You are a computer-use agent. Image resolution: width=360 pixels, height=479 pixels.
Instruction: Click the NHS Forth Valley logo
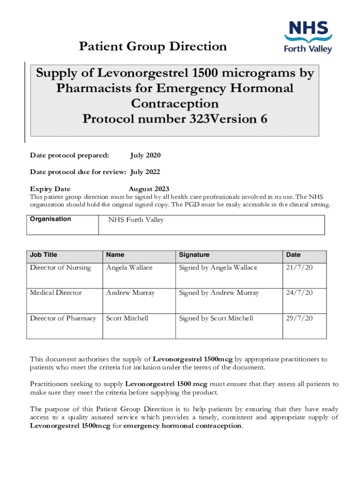(x=308, y=37)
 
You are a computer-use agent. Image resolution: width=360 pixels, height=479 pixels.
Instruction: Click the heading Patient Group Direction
(x=153, y=47)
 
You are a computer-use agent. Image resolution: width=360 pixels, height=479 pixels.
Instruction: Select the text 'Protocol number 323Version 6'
(x=175, y=119)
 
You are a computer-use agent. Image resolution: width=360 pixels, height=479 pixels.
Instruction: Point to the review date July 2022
(x=145, y=172)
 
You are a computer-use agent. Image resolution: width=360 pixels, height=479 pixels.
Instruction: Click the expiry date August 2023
(x=149, y=189)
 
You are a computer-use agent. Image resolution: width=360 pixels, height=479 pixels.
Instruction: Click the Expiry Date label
(x=50, y=189)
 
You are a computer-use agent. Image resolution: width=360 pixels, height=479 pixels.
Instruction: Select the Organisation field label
(x=50, y=219)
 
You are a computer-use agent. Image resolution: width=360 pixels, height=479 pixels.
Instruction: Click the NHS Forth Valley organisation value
(x=136, y=220)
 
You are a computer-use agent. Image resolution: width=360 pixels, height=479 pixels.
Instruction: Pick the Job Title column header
(x=43, y=255)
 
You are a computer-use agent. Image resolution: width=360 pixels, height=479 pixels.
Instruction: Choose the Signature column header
(x=194, y=255)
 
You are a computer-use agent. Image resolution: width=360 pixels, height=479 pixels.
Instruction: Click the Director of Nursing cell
(x=60, y=268)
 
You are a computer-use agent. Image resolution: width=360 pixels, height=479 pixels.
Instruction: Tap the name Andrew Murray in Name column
(x=130, y=293)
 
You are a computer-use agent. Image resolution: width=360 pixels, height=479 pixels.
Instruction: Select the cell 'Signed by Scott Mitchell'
(x=216, y=318)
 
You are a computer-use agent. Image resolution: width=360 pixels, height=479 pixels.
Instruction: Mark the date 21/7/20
(x=299, y=268)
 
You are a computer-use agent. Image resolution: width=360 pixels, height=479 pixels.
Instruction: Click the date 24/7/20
(x=299, y=293)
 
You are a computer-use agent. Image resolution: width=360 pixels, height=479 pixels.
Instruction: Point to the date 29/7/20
(x=299, y=318)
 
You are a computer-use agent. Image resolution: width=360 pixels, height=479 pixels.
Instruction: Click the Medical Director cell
(x=56, y=293)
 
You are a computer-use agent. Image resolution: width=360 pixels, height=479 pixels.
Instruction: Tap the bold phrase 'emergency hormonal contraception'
(x=182, y=426)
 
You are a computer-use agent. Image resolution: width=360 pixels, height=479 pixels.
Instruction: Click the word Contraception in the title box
(x=175, y=103)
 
